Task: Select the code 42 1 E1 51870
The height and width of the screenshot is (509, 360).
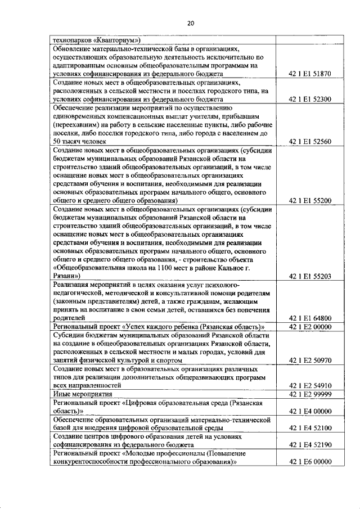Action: coord(309,74)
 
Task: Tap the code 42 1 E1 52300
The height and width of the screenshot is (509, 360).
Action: coord(309,99)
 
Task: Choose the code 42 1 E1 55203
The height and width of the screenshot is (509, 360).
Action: coord(309,276)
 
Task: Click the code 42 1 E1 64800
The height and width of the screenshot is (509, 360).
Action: coord(309,318)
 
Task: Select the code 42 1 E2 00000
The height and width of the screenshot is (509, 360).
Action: coord(309,327)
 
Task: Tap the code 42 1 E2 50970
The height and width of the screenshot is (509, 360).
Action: coord(309,360)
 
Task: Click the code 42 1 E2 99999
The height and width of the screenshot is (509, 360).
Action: coord(309,394)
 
